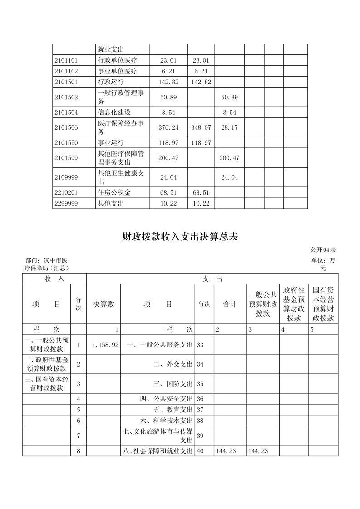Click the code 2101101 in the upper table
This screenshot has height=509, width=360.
66,60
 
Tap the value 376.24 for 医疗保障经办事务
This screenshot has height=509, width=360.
168,128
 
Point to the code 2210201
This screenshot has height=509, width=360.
66,193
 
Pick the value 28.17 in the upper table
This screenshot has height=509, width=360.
229,128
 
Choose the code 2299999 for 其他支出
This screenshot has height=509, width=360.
66,204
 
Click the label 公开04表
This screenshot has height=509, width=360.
323,250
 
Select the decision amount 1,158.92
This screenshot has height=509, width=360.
105,345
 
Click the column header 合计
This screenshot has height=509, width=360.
230,304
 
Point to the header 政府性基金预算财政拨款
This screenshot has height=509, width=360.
293,304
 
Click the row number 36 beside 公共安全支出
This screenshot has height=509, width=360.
200,399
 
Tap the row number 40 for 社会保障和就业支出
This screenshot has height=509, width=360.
200,451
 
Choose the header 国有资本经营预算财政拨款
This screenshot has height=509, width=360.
323,304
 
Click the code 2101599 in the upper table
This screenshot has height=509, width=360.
66,158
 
